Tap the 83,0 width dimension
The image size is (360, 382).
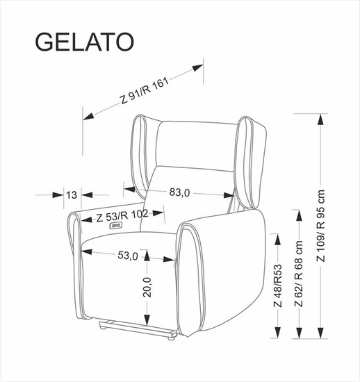tap(179, 193)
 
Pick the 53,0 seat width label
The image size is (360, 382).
tap(128, 256)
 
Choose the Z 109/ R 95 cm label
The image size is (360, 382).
tap(320, 224)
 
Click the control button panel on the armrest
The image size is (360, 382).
tap(113, 225)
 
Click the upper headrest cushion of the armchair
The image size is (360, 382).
tap(198, 142)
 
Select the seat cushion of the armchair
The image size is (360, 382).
tap(132, 243)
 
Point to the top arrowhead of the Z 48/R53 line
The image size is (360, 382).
tap(279, 220)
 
